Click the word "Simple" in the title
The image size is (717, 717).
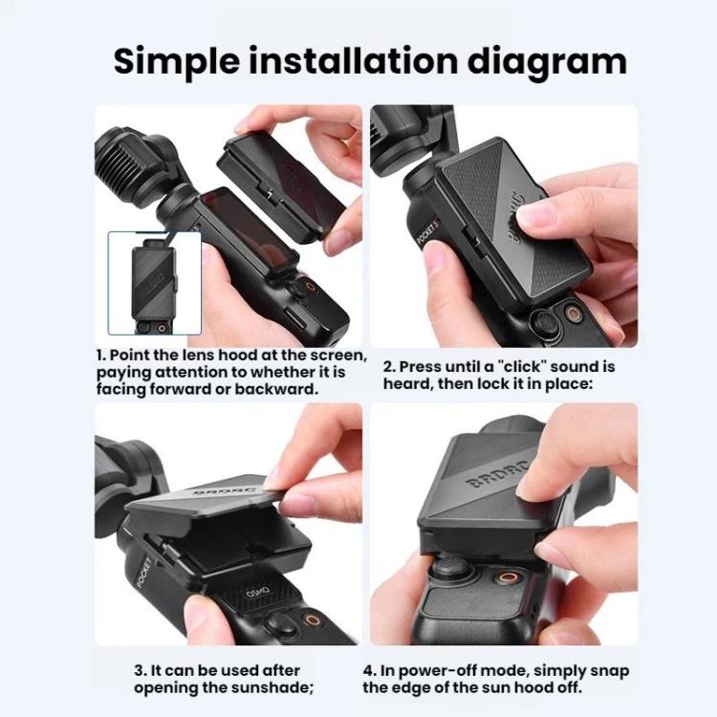[176, 62]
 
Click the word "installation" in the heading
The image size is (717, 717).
[353, 60]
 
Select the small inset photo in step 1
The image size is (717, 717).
[155, 283]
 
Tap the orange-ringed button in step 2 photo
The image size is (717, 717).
[573, 314]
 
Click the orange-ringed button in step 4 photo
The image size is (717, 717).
[509, 576]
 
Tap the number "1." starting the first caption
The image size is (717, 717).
[101, 355]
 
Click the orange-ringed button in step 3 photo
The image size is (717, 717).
[314, 620]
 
